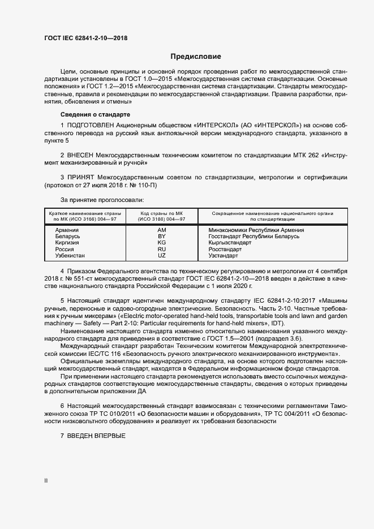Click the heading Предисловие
[x=196, y=57]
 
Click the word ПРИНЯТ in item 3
[x=81, y=177]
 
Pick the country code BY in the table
[x=161, y=236]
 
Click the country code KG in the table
[x=161, y=243]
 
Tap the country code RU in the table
[x=161, y=249]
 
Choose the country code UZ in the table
[x=161, y=256]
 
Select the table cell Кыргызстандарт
[x=230, y=243]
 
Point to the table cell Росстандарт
[x=225, y=249]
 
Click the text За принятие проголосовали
[x=102, y=200]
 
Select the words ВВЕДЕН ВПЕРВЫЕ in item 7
[x=96, y=437]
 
